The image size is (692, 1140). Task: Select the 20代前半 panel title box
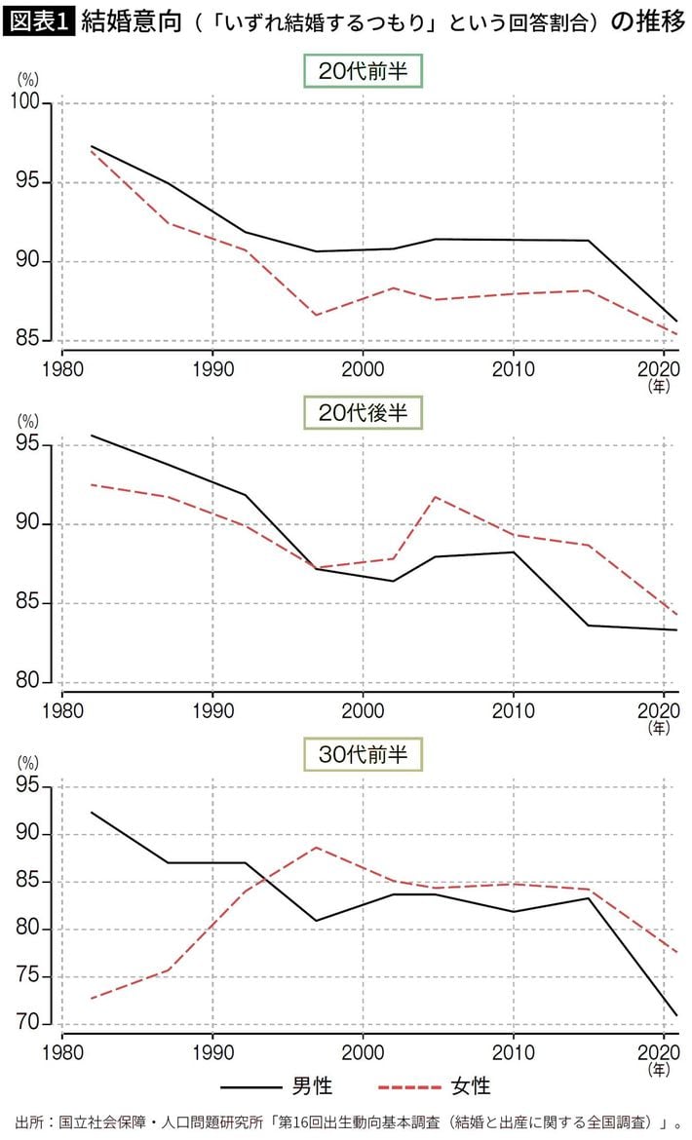point(363,71)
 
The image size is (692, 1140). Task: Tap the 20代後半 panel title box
point(363,412)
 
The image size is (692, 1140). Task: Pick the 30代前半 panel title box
point(363,754)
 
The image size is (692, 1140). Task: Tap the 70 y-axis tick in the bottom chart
point(36,1024)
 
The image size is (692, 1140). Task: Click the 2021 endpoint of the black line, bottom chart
point(677,1015)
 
